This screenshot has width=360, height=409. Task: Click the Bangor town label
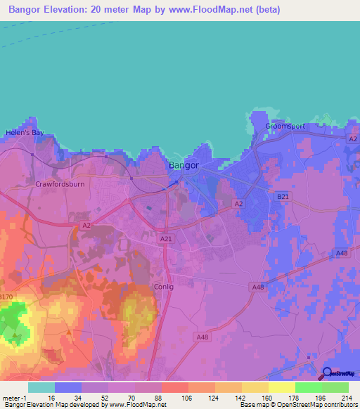[184, 166]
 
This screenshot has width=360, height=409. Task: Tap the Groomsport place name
[285, 126]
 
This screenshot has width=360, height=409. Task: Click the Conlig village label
[163, 287]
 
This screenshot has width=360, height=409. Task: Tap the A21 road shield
[166, 240]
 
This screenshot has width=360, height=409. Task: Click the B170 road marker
[6, 297]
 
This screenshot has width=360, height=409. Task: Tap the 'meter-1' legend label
[15, 397]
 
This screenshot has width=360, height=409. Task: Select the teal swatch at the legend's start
[41, 387]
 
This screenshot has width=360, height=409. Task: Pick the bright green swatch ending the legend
[335, 387]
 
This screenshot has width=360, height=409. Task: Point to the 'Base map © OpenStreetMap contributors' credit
[298, 405]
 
